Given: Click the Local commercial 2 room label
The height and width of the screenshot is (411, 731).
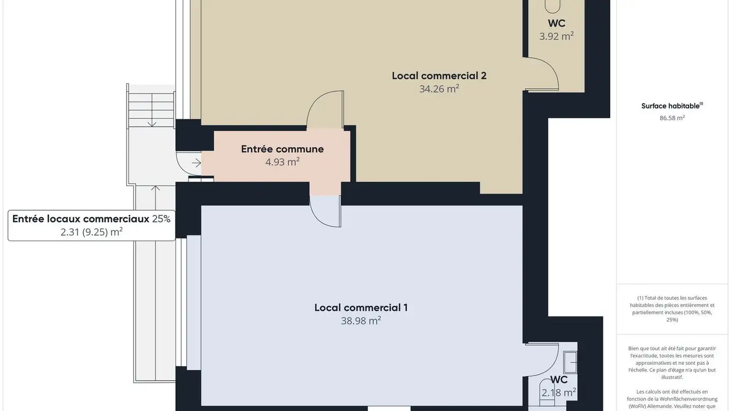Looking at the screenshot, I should click(439, 76).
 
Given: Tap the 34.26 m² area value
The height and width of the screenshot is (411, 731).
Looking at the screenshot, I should click(439, 89).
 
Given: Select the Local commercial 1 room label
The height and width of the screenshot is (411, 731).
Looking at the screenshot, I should click(361, 308).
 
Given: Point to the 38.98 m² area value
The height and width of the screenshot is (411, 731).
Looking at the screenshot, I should click(361, 321).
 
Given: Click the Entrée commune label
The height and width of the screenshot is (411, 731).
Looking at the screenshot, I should click(282, 149).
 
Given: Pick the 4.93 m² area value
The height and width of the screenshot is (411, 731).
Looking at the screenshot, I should click(282, 162).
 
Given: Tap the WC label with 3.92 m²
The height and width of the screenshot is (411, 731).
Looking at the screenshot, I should click(556, 23).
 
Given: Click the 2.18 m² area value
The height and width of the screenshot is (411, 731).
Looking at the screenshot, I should click(558, 393).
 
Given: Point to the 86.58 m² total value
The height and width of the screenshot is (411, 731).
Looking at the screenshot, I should click(672, 118).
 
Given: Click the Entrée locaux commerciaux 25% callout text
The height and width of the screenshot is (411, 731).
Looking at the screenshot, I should click(91, 219).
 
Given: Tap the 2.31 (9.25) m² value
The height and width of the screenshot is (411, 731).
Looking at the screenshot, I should click(91, 232).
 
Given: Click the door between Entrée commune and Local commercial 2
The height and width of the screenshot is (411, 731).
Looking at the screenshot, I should click(325, 109).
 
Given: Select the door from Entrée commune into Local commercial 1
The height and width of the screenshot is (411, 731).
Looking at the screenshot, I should click(325, 211).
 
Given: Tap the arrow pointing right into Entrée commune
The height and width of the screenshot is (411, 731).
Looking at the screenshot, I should click(196, 163).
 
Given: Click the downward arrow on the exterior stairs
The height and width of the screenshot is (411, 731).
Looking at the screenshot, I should click(151, 122).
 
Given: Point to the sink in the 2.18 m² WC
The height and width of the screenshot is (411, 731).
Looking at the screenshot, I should click(572, 363).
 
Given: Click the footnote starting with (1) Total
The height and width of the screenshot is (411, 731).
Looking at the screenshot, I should click(672, 309).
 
